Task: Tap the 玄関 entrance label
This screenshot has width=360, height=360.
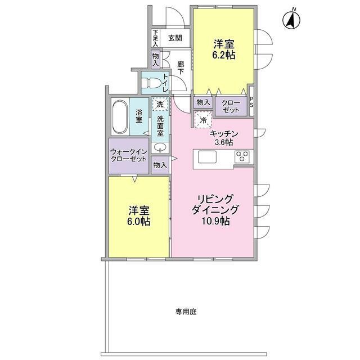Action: [174, 38]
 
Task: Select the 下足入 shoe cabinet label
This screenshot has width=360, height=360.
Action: [155, 38]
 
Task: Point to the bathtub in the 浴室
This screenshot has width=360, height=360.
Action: [119, 117]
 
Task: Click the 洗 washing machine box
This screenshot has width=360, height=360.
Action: [160, 104]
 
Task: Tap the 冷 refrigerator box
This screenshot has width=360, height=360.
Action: [201, 119]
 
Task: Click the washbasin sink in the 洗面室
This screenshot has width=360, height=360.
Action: [160, 148]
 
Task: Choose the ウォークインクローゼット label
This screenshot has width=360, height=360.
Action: [129, 155]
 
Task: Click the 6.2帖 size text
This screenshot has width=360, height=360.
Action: [223, 55]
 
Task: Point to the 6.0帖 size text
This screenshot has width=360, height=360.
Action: [138, 222]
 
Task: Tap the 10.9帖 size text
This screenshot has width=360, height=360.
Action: [213, 221]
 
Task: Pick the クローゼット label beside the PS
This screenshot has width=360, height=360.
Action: [230, 106]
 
